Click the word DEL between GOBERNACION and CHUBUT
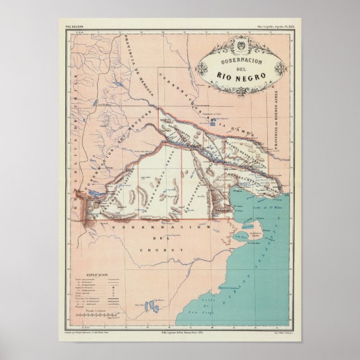[160, 239]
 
